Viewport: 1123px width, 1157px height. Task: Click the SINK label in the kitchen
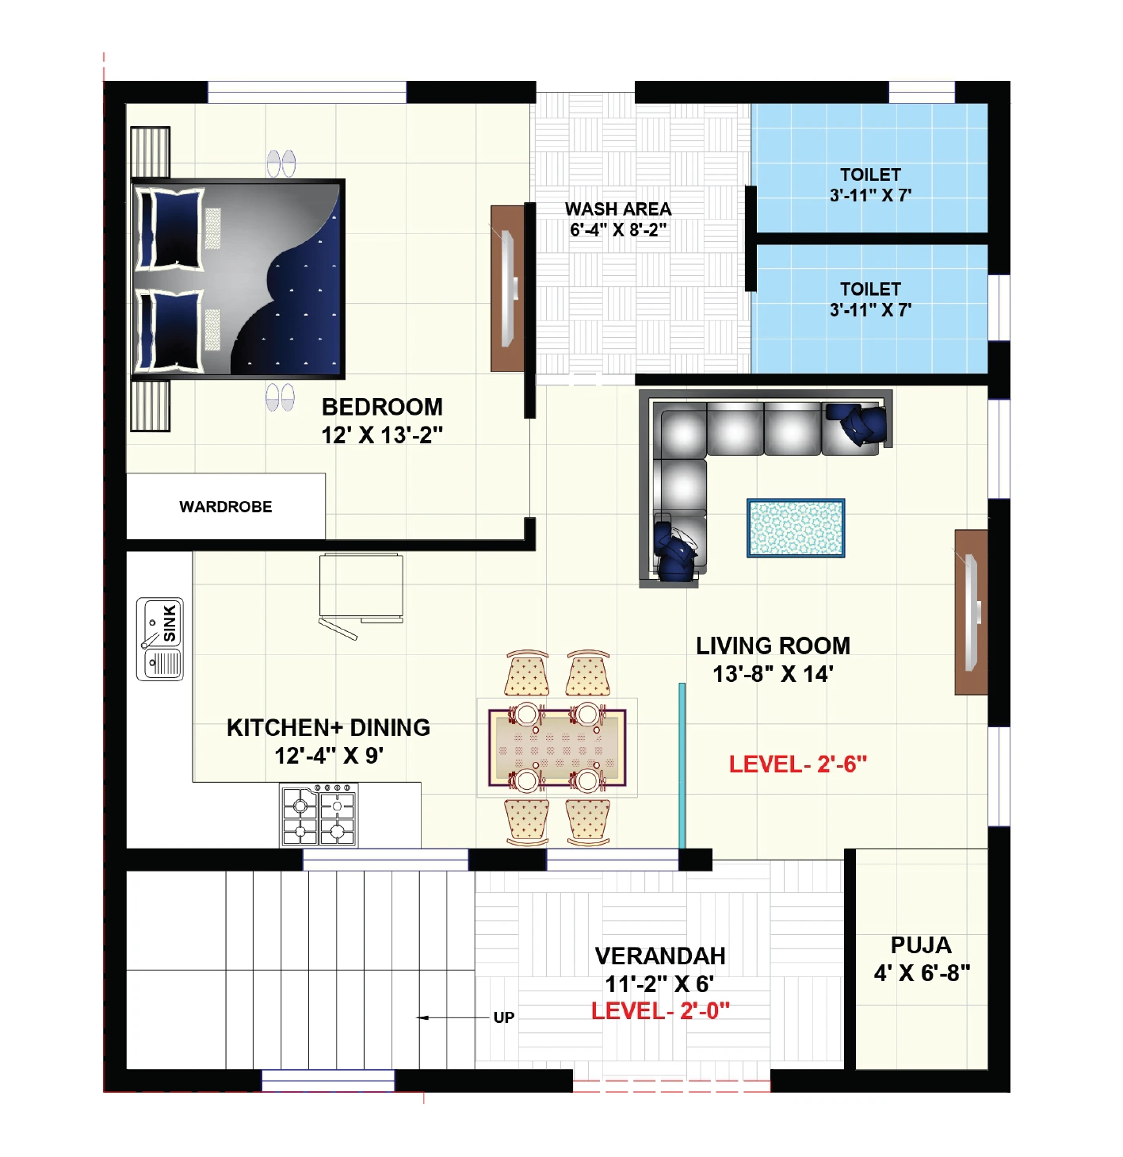[x=170, y=623]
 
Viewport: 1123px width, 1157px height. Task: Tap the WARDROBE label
[x=226, y=507]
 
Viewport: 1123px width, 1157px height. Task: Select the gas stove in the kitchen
[x=319, y=815]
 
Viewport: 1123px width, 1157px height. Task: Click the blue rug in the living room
[x=796, y=528]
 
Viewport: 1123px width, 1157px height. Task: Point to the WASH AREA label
[x=618, y=209]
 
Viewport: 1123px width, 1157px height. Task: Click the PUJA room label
[x=921, y=945]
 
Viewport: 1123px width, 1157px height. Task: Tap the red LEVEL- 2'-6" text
[x=798, y=764]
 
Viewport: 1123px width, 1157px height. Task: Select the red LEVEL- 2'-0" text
[x=660, y=1011]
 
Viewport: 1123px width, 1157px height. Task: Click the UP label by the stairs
[x=504, y=1017]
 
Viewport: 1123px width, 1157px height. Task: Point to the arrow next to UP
[x=453, y=1017]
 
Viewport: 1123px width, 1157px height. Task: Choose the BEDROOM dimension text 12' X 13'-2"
[x=382, y=435]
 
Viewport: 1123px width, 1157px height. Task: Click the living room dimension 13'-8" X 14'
[x=773, y=674]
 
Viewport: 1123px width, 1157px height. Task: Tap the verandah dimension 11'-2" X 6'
[x=659, y=984]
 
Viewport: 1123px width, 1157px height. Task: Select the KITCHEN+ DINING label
[x=328, y=728]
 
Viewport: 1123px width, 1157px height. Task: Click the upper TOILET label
[x=870, y=174]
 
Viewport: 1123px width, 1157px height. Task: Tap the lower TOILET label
[x=870, y=289]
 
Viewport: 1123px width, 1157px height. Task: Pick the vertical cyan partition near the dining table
[x=682, y=766]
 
